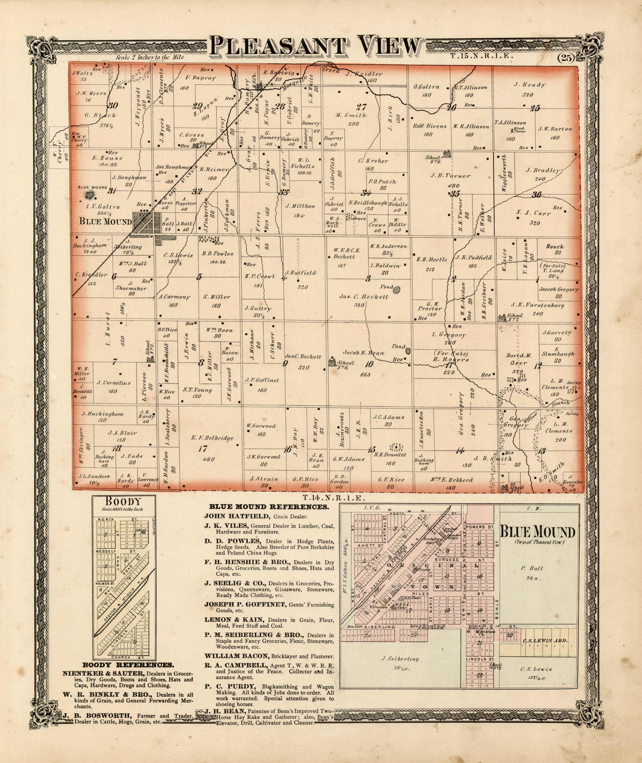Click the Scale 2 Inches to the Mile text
[150, 57]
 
